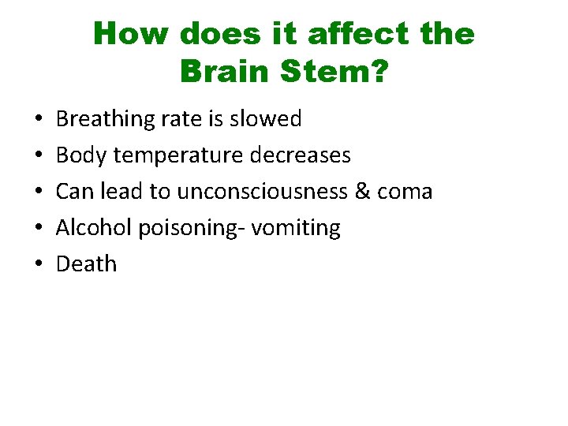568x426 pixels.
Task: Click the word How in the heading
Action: click(131, 34)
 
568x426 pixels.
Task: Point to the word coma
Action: click(406, 192)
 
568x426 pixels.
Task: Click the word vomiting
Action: click(301, 228)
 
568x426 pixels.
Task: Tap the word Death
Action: click(86, 264)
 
